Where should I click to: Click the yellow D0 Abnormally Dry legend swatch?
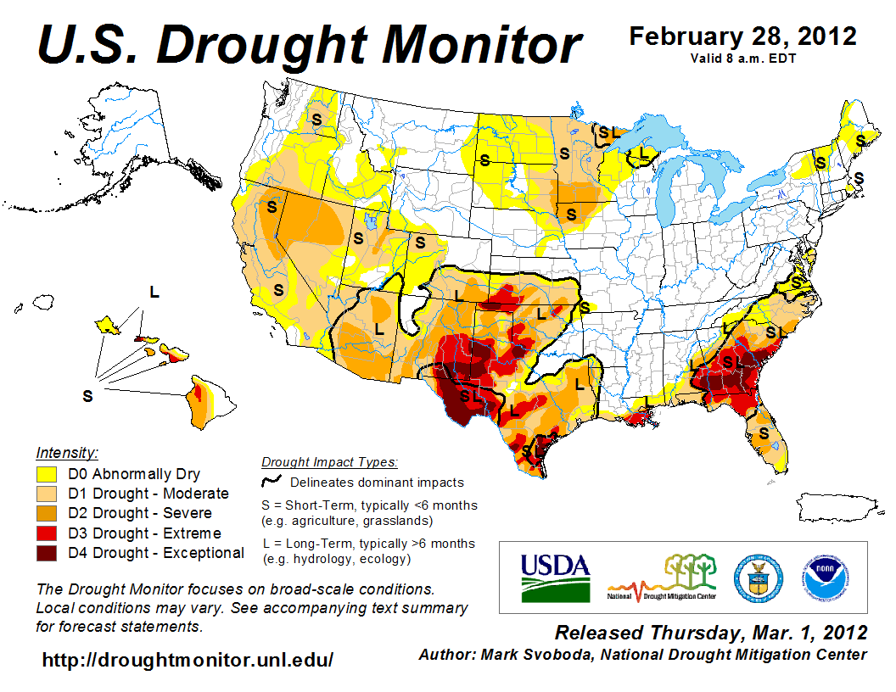pos(47,474)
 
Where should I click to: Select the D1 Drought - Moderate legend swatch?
pos(47,494)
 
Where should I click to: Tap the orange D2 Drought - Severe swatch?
pos(47,513)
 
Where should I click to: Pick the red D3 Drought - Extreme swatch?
pos(47,533)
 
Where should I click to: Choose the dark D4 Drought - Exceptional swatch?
pos(47,553)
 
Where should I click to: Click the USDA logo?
pos(555,578)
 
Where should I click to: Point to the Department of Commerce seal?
pos(758,577)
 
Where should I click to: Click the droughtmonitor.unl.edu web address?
pos(188,660)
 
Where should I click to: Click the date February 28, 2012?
pos(742,36)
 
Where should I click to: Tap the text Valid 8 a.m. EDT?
pos(742,58)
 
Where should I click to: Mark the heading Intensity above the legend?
pos(68,452)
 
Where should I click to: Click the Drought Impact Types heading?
pos(329,462)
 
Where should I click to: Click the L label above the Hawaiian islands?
pos(154,292)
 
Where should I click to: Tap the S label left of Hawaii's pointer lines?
pos(87,396)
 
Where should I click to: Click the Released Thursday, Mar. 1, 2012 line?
pos(711,633)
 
